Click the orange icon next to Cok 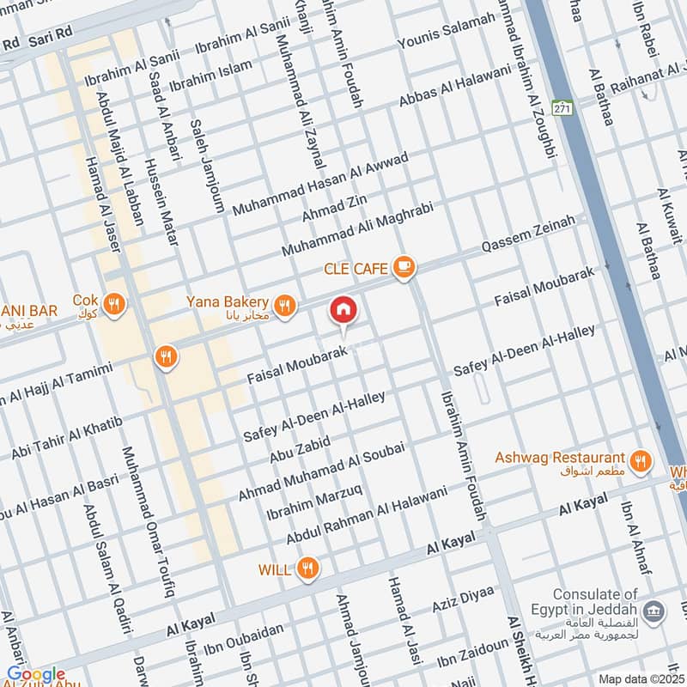coord(113,302)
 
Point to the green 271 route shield coord(562,108)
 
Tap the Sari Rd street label coord(51,40)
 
